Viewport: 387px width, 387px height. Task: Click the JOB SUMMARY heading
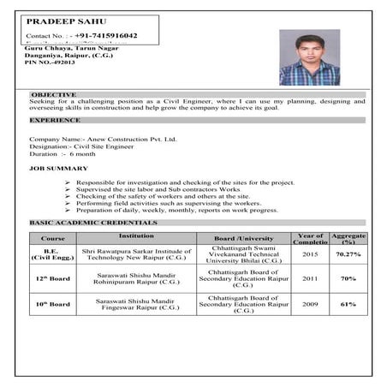[x=56, y=170]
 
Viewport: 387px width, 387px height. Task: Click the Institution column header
[x=136, y=233]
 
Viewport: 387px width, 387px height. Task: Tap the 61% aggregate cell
[x=348, y=304]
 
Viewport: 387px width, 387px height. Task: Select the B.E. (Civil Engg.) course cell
[x=53, y=254]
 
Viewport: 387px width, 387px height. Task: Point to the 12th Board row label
[x=53, y=279]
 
